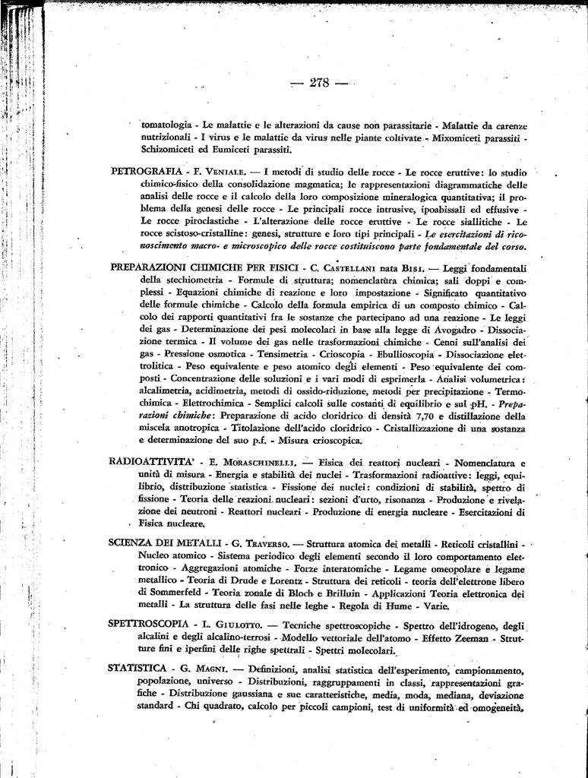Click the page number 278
pos(319,83)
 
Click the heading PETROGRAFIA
pos(146,171)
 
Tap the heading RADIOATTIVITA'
pos(152,461)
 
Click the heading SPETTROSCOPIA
pos(148,624)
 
